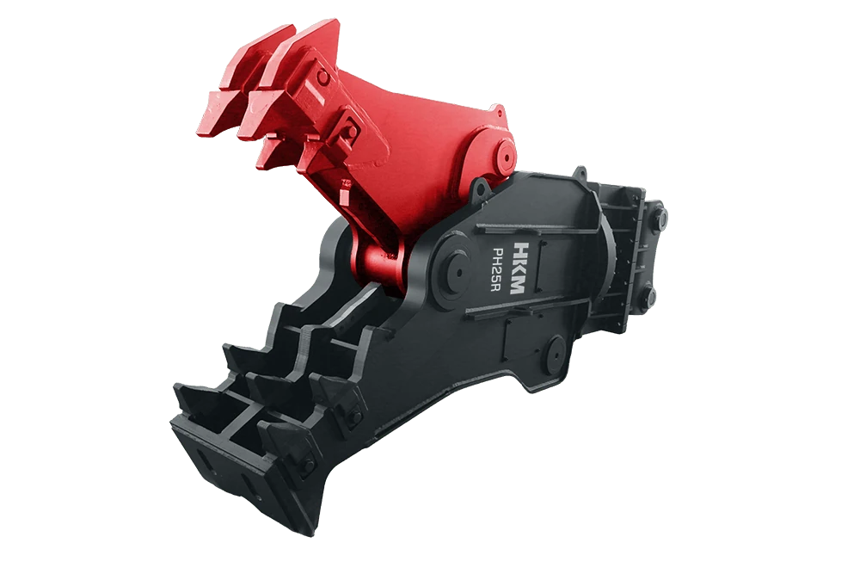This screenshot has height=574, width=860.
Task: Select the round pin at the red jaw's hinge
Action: [x=504, y=154]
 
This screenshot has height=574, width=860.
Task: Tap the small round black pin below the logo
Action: [x=555, y=354]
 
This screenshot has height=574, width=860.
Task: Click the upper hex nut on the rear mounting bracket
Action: [x=660, y=219]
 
